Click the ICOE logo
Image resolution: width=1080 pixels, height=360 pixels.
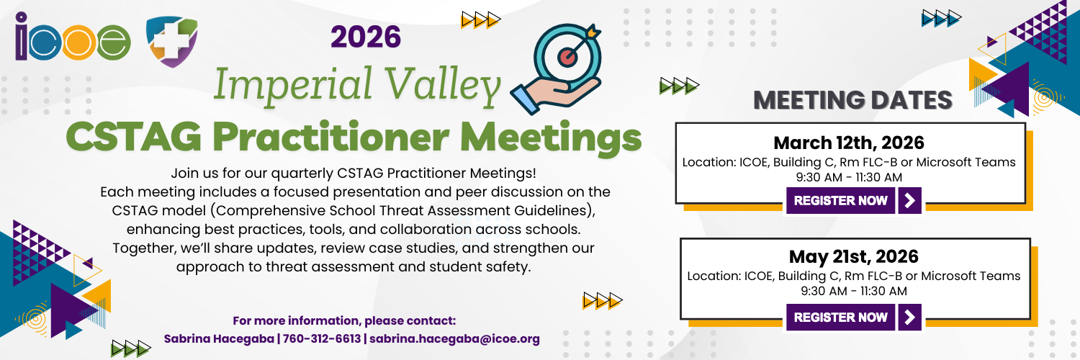point(73,37)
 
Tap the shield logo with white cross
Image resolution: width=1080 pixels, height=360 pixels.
point(171,41)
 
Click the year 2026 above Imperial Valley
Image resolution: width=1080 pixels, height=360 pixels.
point(366,37)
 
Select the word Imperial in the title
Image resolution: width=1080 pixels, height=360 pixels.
point(293,84)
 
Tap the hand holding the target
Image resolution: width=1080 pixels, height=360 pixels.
point(554,96)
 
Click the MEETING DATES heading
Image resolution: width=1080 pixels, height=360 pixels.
point(853,100)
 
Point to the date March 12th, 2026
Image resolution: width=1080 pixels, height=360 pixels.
point(849,143)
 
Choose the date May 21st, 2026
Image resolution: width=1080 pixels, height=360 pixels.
point(854,256)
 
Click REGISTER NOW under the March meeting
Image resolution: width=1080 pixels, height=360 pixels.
point(841,200)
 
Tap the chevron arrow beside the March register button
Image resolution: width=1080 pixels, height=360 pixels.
point(910,200)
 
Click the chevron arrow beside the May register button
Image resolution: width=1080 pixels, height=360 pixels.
point(910,317)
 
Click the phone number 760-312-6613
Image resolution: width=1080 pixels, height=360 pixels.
point(322,339)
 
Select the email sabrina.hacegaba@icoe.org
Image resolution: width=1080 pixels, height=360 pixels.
point(454,339)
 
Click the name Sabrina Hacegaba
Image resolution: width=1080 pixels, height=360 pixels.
point(219,339)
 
